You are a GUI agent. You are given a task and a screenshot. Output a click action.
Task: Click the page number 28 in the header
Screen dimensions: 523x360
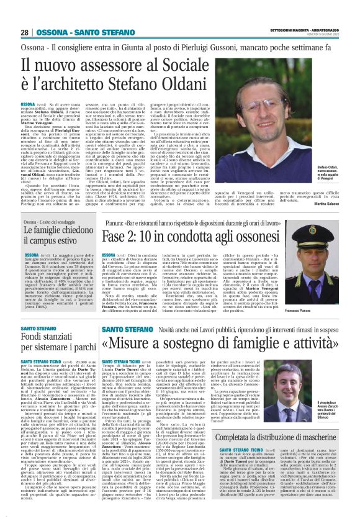[x=25, y=32]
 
